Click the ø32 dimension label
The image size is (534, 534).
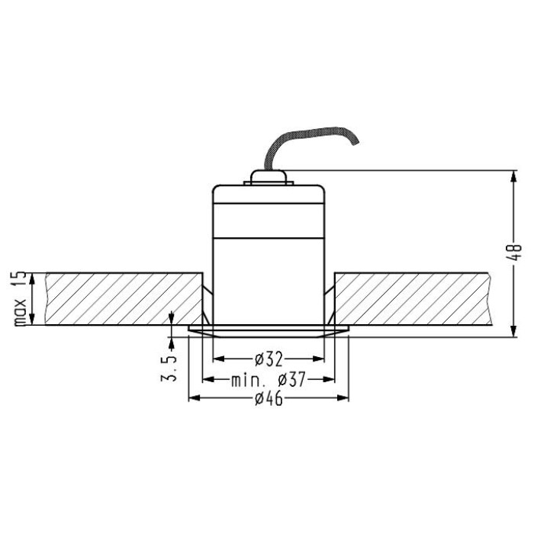tap(269, 359)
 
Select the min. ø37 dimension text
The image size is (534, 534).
tap(269, 379)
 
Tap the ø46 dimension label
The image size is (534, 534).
tap(269, 398)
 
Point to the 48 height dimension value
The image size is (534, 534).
tap(516, 253)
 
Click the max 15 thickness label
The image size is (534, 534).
tap(20, 299)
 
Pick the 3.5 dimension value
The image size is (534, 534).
tap(169, 368)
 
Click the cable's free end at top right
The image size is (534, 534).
tap(356, 143)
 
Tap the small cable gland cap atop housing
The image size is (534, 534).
tap(268, 177)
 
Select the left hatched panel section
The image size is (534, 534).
tap(124, 299)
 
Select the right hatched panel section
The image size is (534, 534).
tap(413, 299)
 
